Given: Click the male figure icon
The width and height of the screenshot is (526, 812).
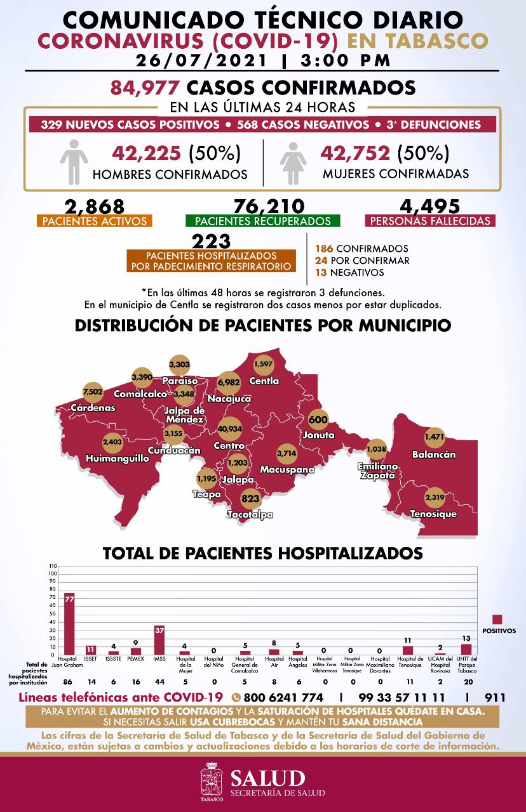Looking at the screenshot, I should click(74, 162).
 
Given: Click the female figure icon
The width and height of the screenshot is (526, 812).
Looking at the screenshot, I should click(292, 162).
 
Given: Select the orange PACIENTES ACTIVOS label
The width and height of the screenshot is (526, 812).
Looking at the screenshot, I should click(94, 221).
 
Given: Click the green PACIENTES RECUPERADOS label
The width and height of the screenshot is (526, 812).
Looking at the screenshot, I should click(263, 221).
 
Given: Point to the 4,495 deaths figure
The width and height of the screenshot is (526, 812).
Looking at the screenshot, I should click(430, 207).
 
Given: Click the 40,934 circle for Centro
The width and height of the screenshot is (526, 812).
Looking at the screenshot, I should click(230, 429).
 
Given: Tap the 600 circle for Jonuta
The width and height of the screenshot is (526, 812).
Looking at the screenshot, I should click(318, 420).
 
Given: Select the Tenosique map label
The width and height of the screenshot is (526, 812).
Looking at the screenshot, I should click(433, 514).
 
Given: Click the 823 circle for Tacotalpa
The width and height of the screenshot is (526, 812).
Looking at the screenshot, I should click(251, 499).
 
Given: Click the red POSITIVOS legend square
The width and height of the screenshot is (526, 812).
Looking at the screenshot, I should click(497, 619).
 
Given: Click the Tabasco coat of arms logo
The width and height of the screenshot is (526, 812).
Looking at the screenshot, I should click(212, 782).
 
